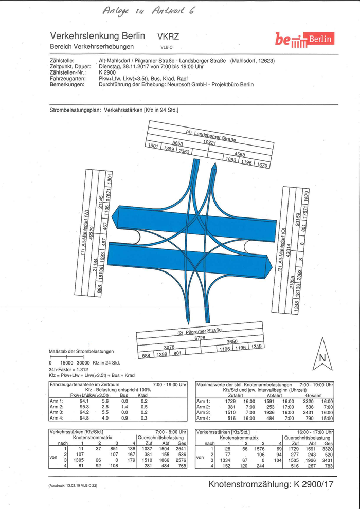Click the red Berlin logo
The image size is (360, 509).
coord(304,39)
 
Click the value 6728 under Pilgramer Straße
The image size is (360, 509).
coord(200,338)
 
